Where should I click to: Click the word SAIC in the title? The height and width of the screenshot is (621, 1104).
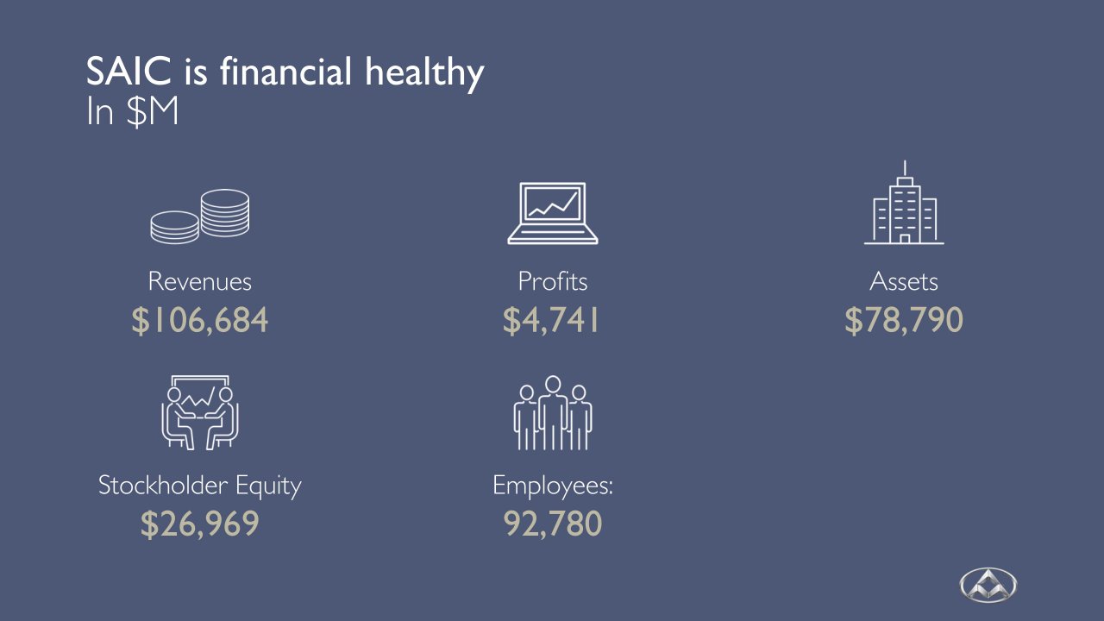pyautogui.click(x=129, y=72)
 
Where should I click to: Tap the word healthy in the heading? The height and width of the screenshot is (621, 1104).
pyautogui.click(x=424, y=73)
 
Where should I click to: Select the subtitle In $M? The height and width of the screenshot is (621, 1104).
pyautogui.click(x=132, y=112)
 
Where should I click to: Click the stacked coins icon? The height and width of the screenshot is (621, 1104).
pyautogui.click(x=199, y=216)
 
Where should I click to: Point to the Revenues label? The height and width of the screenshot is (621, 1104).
pyautogui.click(x=199, y=282)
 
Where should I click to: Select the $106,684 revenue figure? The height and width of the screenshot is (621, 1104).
pyautogui.click(x=199, y=320)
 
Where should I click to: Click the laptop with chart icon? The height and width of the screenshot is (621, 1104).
pyautogui.click(x=553, y=213)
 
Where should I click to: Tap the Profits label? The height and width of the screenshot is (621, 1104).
pyautogui.click(x=553, y=281)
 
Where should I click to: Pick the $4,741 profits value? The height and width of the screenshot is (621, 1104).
pyautogui.click(x=551, y=320)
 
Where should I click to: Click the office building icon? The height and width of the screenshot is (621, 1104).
pyautogui.click(x=904, y=203)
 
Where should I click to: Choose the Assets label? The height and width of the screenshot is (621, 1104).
pyautogui.click(x=903, y=282)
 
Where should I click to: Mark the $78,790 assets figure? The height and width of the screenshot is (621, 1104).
pyautogui.click(x=904, y=320)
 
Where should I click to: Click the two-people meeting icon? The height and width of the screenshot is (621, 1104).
pyautogui.click(x=199, y=412)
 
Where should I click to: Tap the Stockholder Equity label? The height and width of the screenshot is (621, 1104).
pyautogui.click(x=199, y=486)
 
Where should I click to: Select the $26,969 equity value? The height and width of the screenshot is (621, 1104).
pyautogui.click(x=199, y=524)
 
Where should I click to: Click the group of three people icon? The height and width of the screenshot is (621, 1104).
pyautogui.click(x=553, y=413)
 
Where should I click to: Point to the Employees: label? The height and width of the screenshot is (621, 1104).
pyautogui.click(x=553, y=486)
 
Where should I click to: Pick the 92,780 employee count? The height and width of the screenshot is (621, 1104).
pyautogui.click(x=553, y=524)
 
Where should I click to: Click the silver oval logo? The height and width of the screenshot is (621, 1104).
pyautogui.click(x=988, y=585)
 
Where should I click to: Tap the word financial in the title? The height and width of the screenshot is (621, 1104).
pyautogui.click(x=285, y=72)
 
